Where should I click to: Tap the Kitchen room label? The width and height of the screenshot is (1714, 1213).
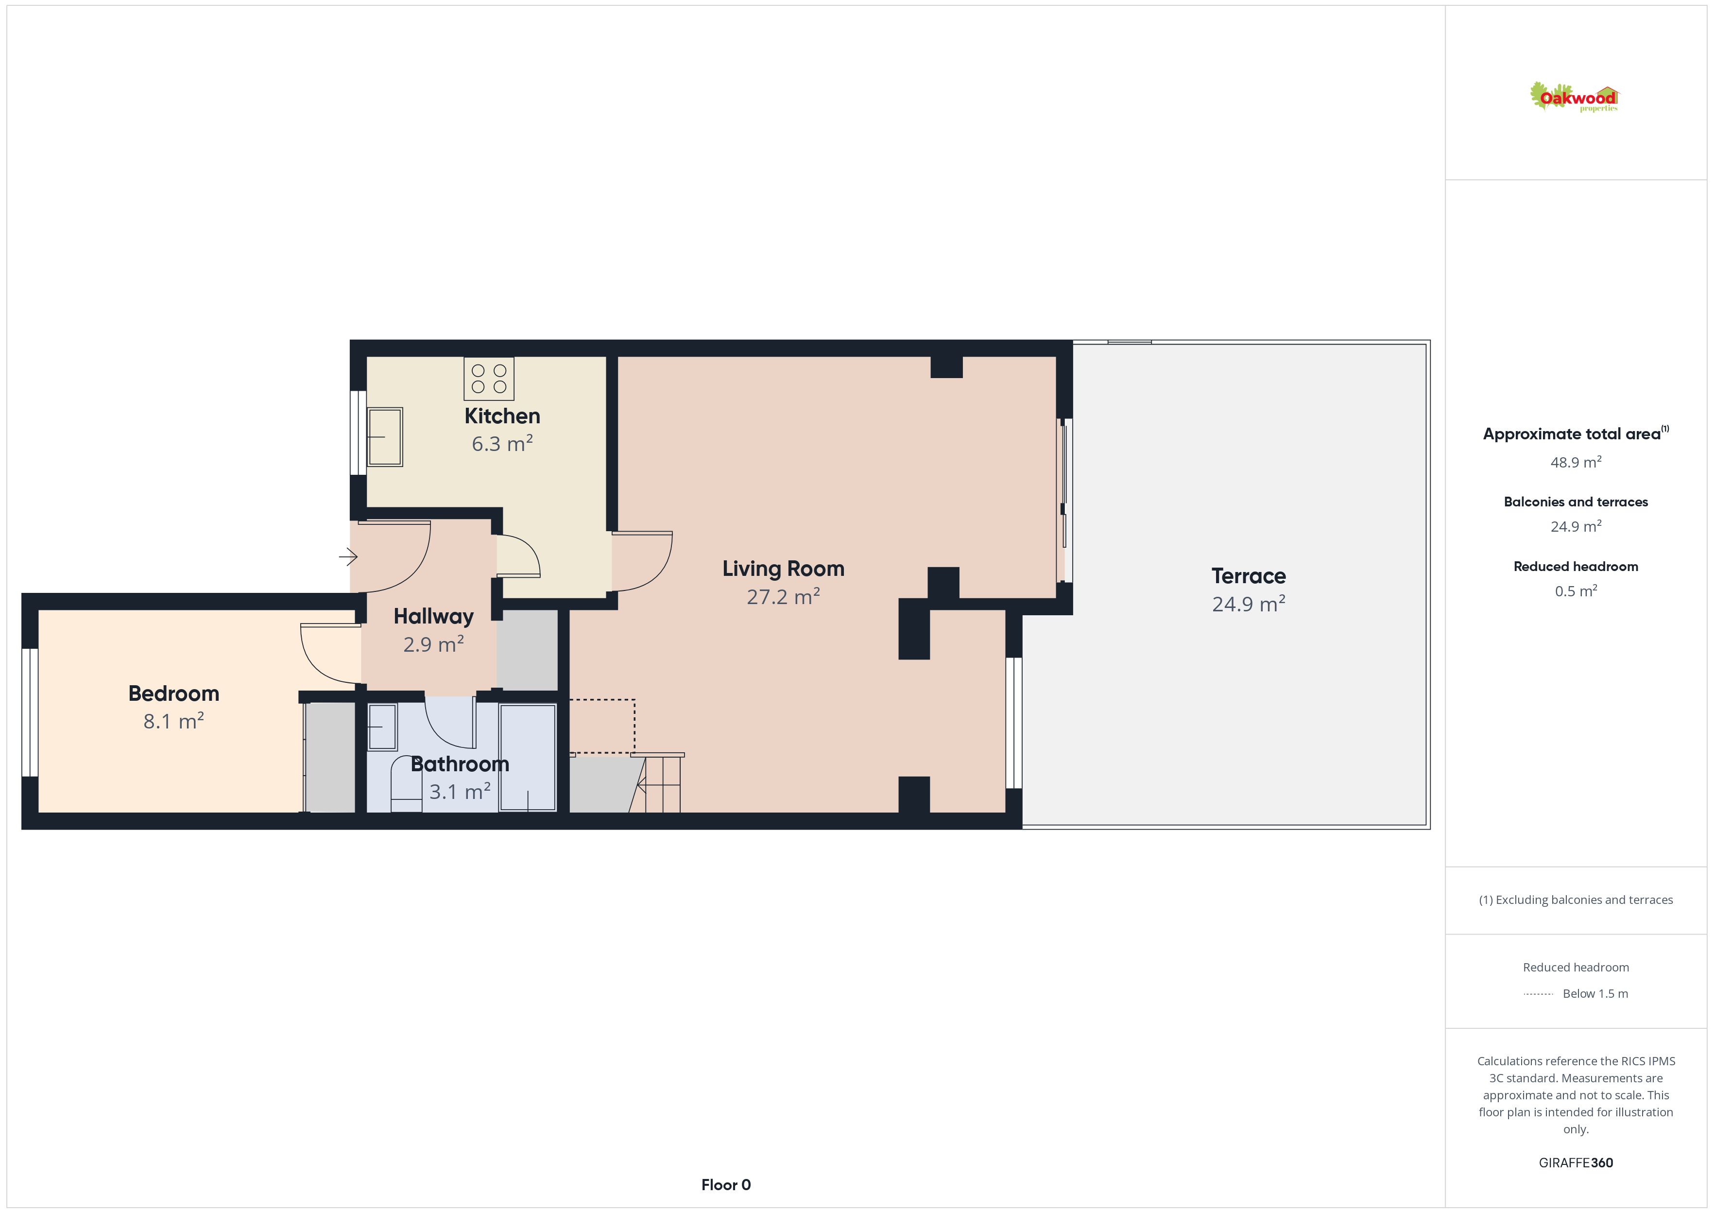click(x=502, y=416)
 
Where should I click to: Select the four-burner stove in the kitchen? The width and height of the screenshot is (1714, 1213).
click(x=489, y=379)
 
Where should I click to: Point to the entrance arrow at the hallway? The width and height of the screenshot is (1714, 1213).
click(x=348, y=556)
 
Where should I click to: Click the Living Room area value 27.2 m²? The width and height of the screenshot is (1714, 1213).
click(x=783, y=597)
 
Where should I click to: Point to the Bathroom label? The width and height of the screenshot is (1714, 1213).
click(x=460, y=764)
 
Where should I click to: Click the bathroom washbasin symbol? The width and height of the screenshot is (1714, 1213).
click(x=382, y=727)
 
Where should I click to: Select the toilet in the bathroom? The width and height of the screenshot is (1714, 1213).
click(x=407, y=784)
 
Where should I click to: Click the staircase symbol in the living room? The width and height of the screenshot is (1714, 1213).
click(x=656, y=783)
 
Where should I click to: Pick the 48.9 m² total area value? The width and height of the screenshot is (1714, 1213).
click(x=1576, y=462)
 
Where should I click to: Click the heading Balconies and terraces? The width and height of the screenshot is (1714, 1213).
click(x=1576, y=502)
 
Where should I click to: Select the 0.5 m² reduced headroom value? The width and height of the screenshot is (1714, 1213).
click(x=1576, y=591)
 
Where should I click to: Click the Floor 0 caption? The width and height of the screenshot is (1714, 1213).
click(x=726, y=1185)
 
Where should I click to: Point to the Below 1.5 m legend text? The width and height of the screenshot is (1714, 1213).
click(x=1595, y=993)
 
